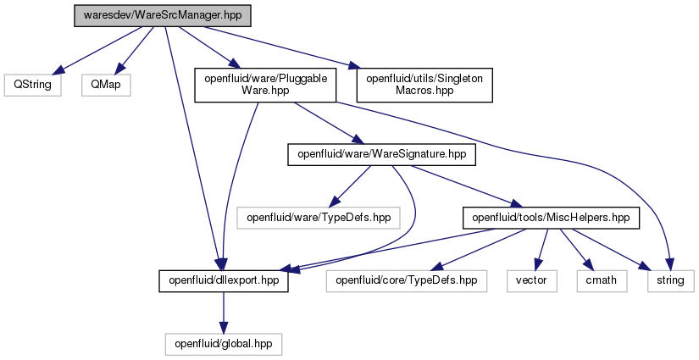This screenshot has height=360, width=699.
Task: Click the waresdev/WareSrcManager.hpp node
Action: tap(163, 15)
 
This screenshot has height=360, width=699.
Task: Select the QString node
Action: tap(32, 85)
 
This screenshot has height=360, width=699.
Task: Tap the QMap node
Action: tap(106, 85)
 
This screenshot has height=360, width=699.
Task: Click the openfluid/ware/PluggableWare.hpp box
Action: tap(265, 85)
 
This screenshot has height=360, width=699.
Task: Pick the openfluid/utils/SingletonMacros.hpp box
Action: tap(424, 85)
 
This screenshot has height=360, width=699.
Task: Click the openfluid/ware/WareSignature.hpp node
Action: tap(381, 155)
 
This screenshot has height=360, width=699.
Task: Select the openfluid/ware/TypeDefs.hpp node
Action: tap(319, 218)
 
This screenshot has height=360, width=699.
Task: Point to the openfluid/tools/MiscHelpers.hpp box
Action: tap(551, 218)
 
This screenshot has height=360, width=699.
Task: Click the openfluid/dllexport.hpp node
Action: tap(224, 280)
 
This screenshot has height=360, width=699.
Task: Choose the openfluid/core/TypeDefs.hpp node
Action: tap(406, 280)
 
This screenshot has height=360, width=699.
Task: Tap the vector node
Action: tap(531, 280)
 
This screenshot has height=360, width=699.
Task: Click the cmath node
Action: tap(602, 280)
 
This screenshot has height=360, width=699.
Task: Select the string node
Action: tap(670, 280)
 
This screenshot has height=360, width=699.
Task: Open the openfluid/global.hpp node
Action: tap(224, 345)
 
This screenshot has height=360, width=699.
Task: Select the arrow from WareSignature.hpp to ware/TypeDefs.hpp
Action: tap(352, 186)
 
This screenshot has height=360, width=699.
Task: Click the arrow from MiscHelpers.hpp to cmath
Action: tap(576, 250)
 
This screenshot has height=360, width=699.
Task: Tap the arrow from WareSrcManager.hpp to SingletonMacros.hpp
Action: tap(280, 47)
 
